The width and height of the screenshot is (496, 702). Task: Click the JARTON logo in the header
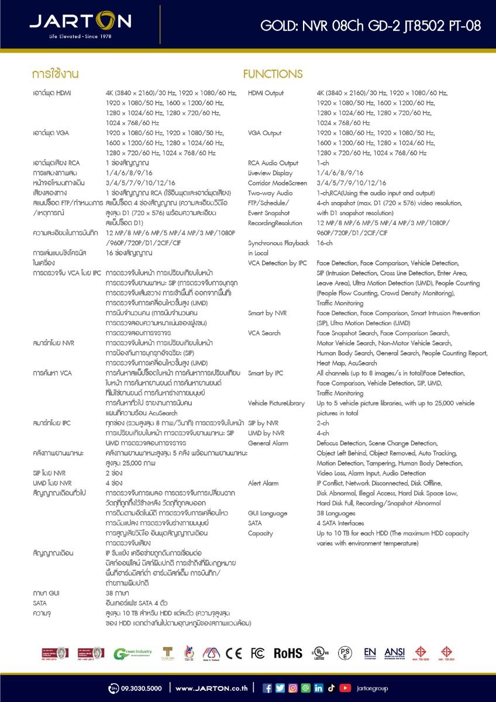pos(80,22)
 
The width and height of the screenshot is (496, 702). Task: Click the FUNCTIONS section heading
pos(273,74)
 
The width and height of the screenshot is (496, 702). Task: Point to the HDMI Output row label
pos(266,93)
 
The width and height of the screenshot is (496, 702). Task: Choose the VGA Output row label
pos(264,133)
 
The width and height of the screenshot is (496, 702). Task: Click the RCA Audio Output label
pos(273,163)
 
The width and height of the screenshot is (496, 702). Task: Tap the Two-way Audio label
pos(270,193)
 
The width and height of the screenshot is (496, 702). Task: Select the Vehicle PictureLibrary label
pos(276,403)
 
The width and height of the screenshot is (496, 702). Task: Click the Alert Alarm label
pos(263,483)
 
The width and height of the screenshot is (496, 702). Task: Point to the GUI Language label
pos(267,513)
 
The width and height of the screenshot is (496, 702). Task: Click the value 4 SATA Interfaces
pos(340,523)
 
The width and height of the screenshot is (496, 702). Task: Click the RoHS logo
pos(288,653)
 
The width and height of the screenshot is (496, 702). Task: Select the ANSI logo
pos(395,653)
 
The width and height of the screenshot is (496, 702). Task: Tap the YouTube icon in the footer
pos(345,688)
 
